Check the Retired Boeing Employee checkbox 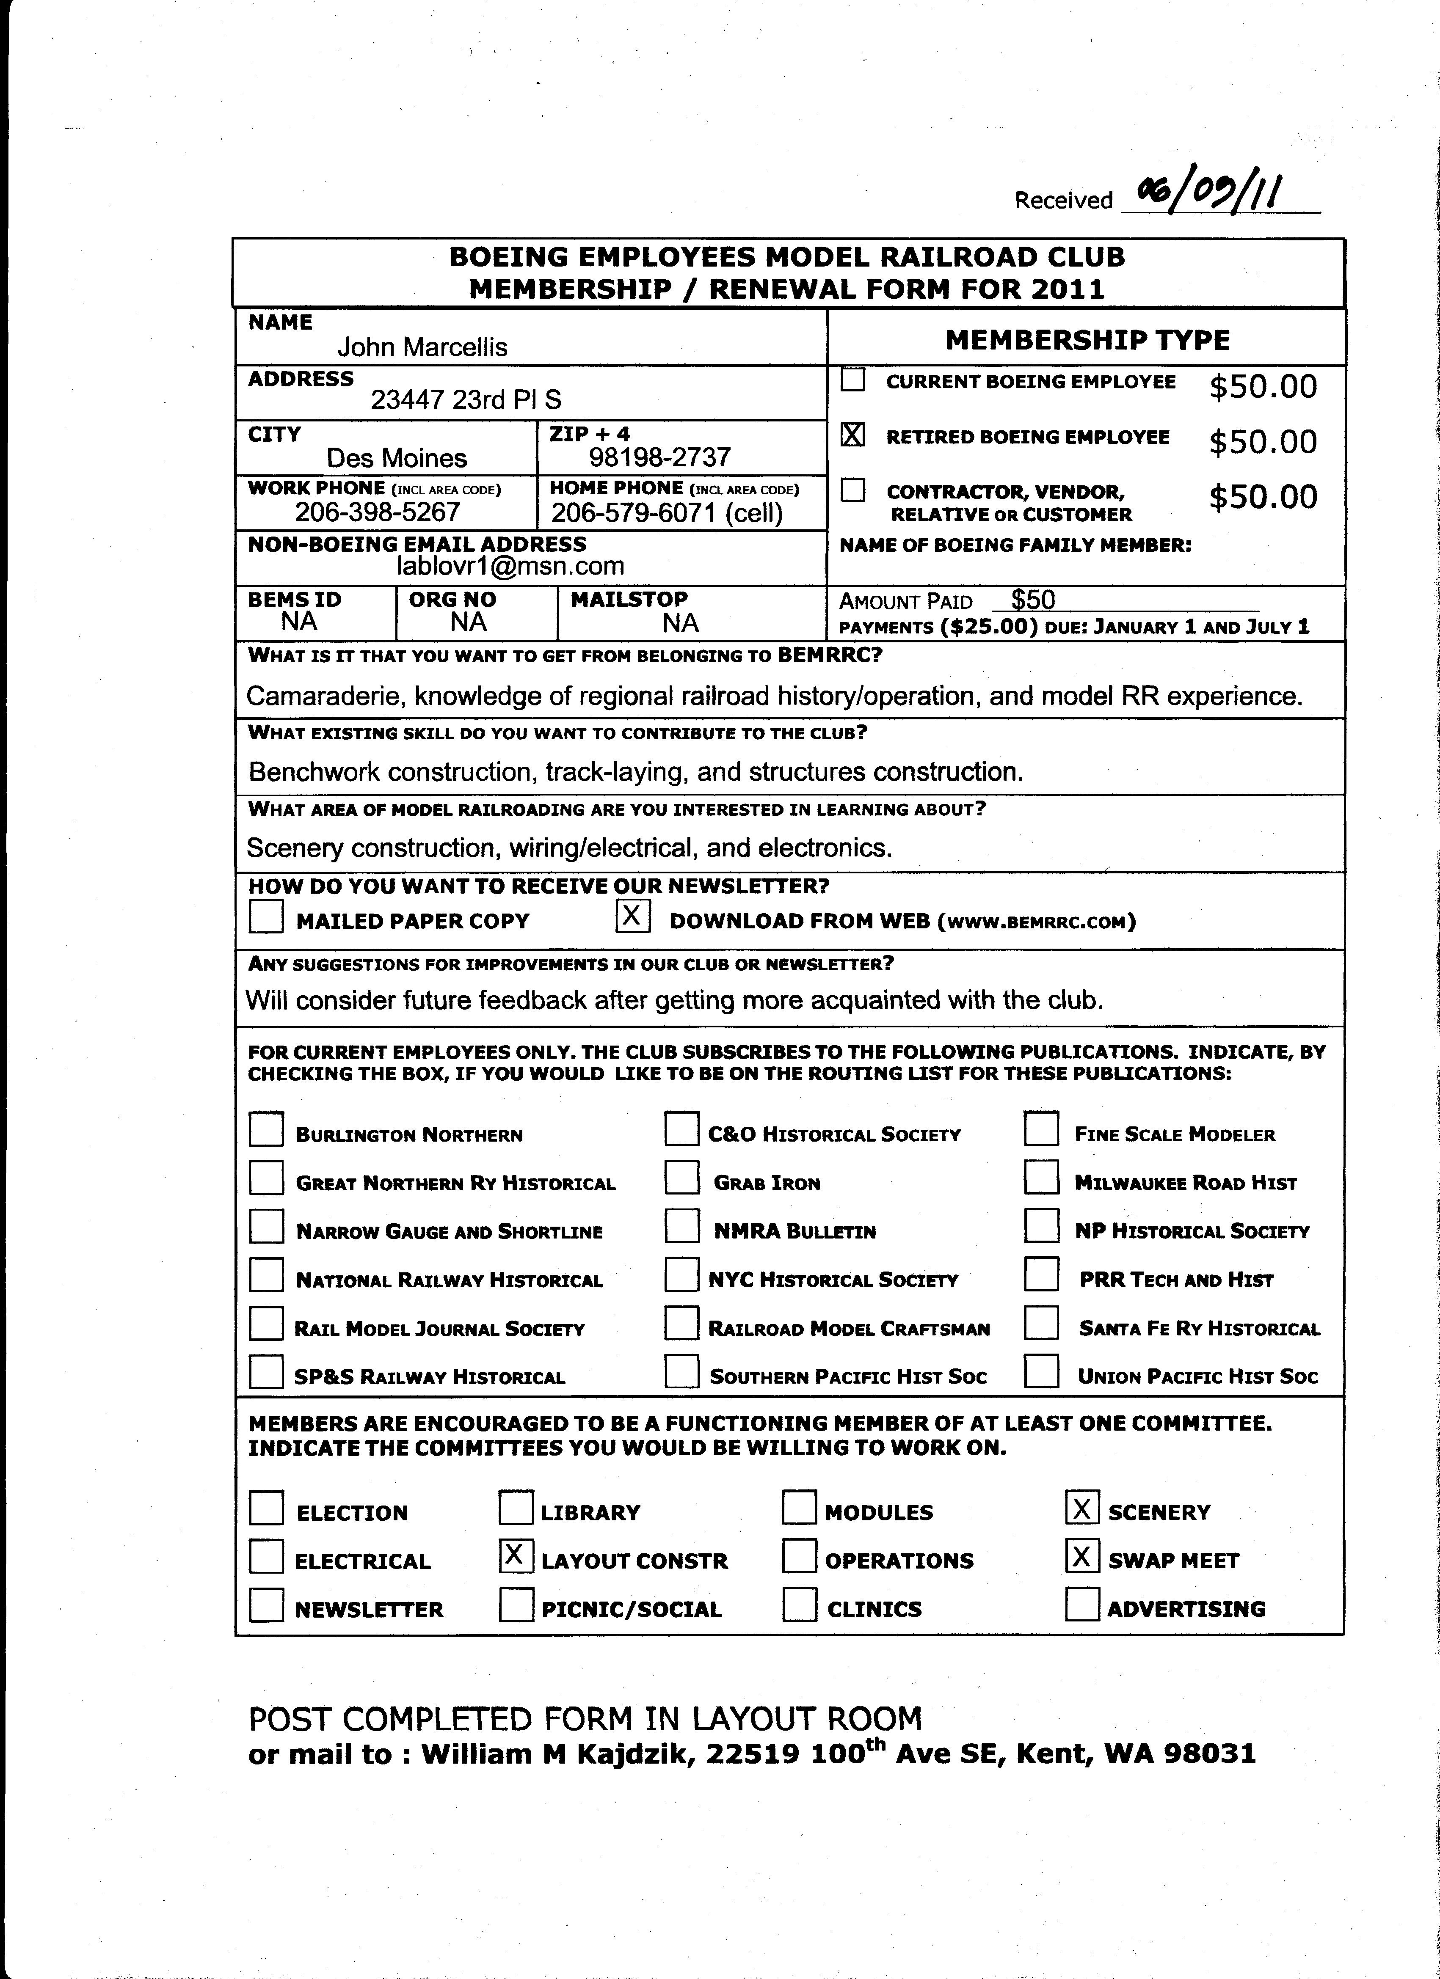point(852,435)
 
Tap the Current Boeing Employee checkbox point(852,380)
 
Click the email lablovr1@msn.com point(510,566)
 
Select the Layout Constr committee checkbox point(516,1555)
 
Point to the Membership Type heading point(1087,339)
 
